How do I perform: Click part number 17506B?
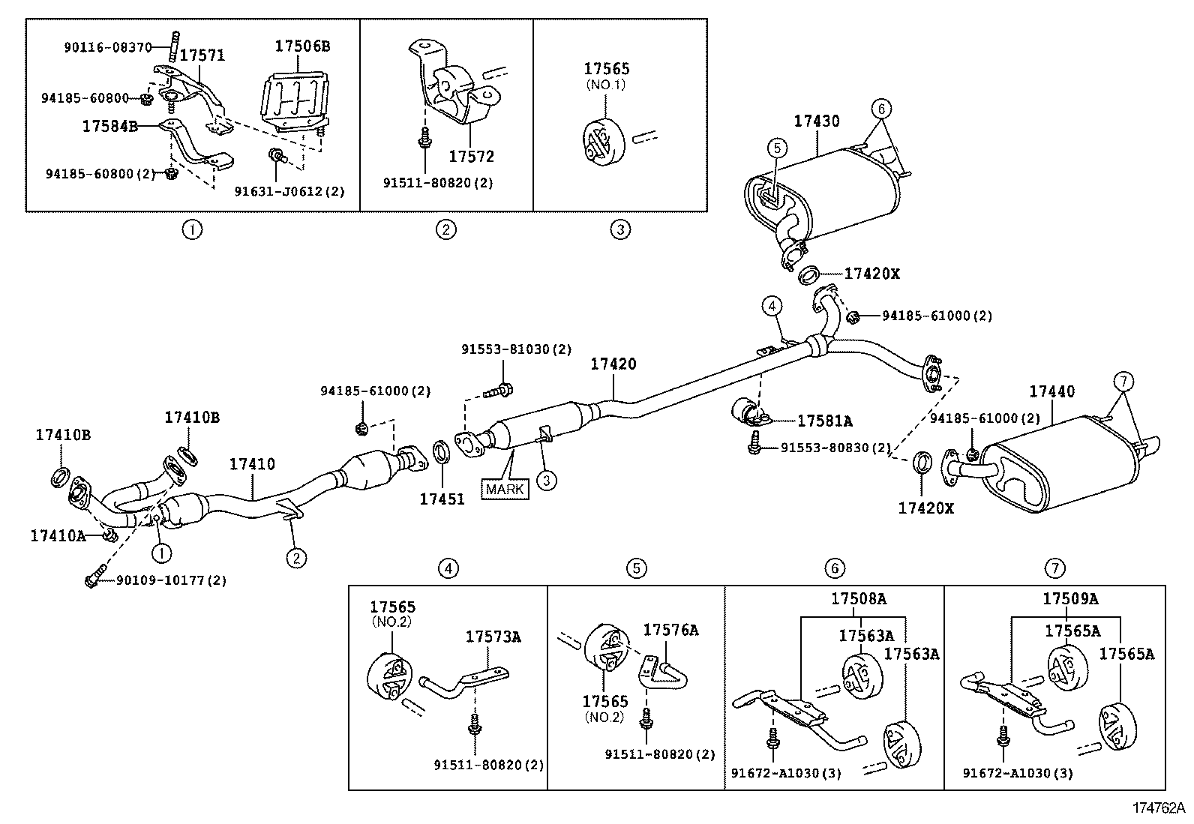point(302,46)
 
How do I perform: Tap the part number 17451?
point(442,499)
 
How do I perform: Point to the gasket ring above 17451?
point(442,453)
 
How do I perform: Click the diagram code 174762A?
point(1159,808)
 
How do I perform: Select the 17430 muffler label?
point(817,121)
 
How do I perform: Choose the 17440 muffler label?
point(1051,391)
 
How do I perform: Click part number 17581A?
point(824,421)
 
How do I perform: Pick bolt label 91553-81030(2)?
point(516,349)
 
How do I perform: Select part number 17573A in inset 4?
point(493,637)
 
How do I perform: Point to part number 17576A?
point(670,630)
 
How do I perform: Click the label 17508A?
point(858,599)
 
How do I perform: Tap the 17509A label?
point(1070,599)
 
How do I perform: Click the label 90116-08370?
point(107,47)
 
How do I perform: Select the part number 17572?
point(472,157)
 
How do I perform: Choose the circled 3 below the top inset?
point(619,229)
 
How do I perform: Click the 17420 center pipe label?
point(613,364)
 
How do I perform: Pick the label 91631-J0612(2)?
point(289,191)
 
